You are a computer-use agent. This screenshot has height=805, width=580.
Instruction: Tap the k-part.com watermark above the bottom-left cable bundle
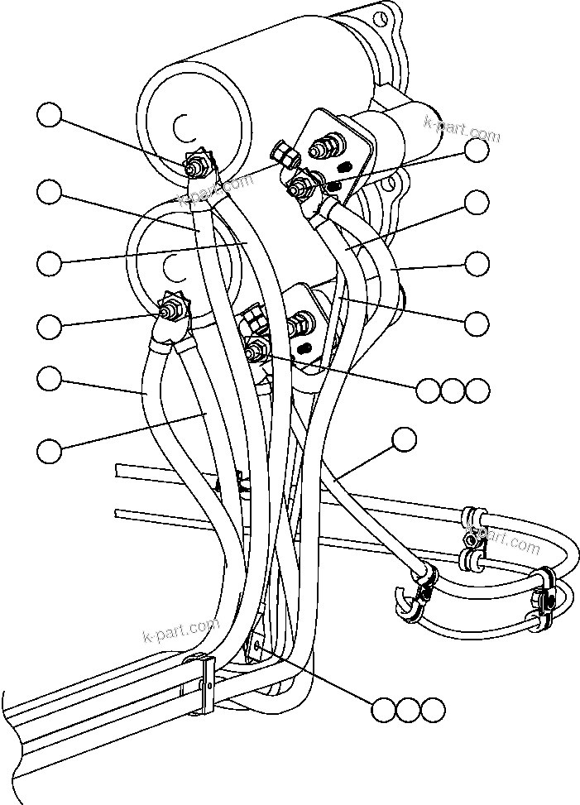(x=180, y=632)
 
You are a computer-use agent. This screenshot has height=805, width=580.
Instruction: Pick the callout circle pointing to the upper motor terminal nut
(x=50, y=116)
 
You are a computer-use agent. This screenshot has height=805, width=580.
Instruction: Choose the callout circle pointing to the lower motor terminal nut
(x=50, y=325)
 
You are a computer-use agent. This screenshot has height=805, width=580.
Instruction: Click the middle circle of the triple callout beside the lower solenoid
(x=453, y=391)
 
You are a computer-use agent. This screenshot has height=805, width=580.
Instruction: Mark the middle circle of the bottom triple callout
(x=408, y=710)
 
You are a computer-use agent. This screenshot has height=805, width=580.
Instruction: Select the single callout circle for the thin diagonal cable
(x=404, y=440)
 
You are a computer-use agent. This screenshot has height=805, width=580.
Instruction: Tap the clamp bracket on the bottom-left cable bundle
(x=204, y=683)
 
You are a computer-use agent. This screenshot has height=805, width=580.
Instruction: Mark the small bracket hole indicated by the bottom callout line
(x=258, y=646)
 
